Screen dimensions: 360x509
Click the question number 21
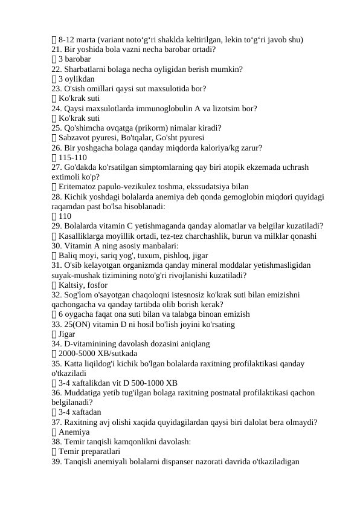coord(57,50)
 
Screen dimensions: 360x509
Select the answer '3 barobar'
coord(75,59)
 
